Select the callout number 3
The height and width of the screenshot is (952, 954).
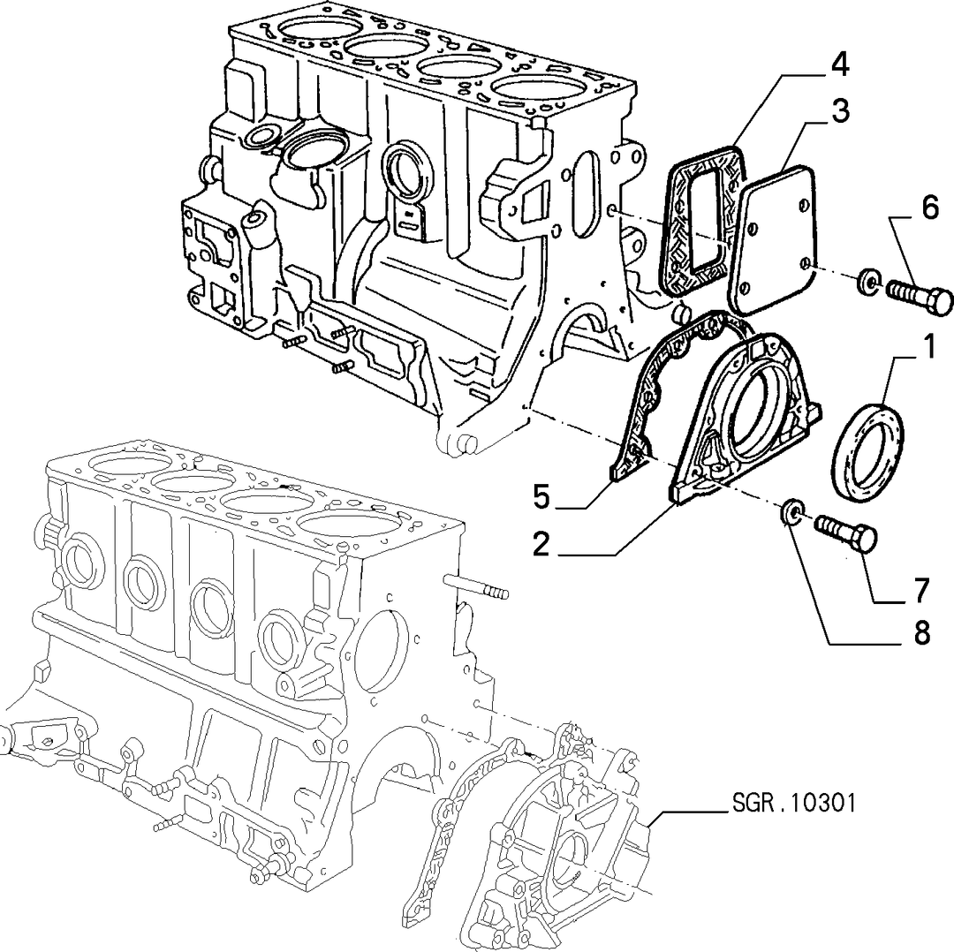coord(840,112)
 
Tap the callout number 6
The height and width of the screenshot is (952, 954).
coord(929,208)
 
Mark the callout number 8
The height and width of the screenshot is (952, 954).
coord(921,634)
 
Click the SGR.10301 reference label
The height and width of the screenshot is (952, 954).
coord(793,803)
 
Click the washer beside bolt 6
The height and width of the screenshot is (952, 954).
coord(867,280)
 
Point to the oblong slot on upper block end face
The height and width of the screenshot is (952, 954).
coord(586,190)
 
